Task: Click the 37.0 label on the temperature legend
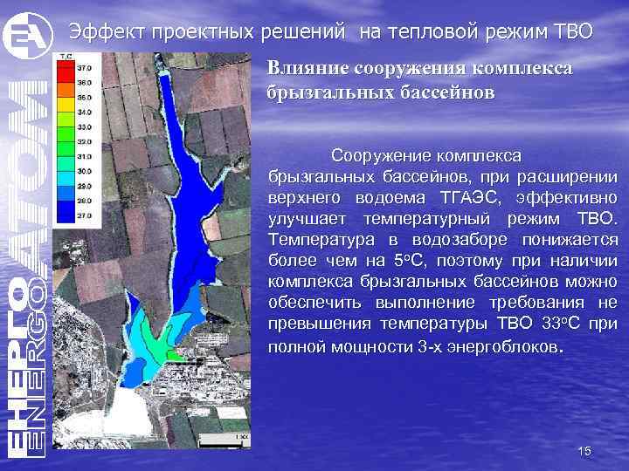[85, 67]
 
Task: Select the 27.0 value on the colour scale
[85, 213]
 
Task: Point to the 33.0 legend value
[85, 126]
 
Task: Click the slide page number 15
[584, 451]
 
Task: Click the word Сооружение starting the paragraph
[374, 155]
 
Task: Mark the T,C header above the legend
[66, 57]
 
